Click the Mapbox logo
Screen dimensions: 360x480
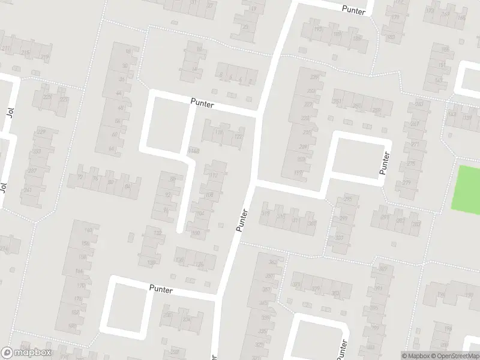click(26, 353)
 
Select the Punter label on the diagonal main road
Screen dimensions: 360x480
click(242, 220)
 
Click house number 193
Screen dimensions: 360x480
click(318, 29)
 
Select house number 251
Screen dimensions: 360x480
click(337, 102)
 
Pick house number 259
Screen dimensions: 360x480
click(377, 110)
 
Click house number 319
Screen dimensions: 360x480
click(266, 213)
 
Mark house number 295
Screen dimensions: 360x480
click(349, 199)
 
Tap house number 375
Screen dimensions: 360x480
click(299, 284)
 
